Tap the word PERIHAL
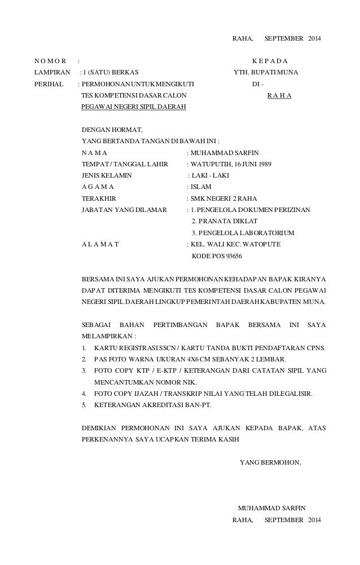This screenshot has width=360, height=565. tap(47, 84)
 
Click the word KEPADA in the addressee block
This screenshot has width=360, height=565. tap(270, 61)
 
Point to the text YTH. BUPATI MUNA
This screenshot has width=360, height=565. tap(266, 72)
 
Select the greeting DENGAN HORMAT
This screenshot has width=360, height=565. tap(112, 130)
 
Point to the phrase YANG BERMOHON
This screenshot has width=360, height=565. tap(270, 463)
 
